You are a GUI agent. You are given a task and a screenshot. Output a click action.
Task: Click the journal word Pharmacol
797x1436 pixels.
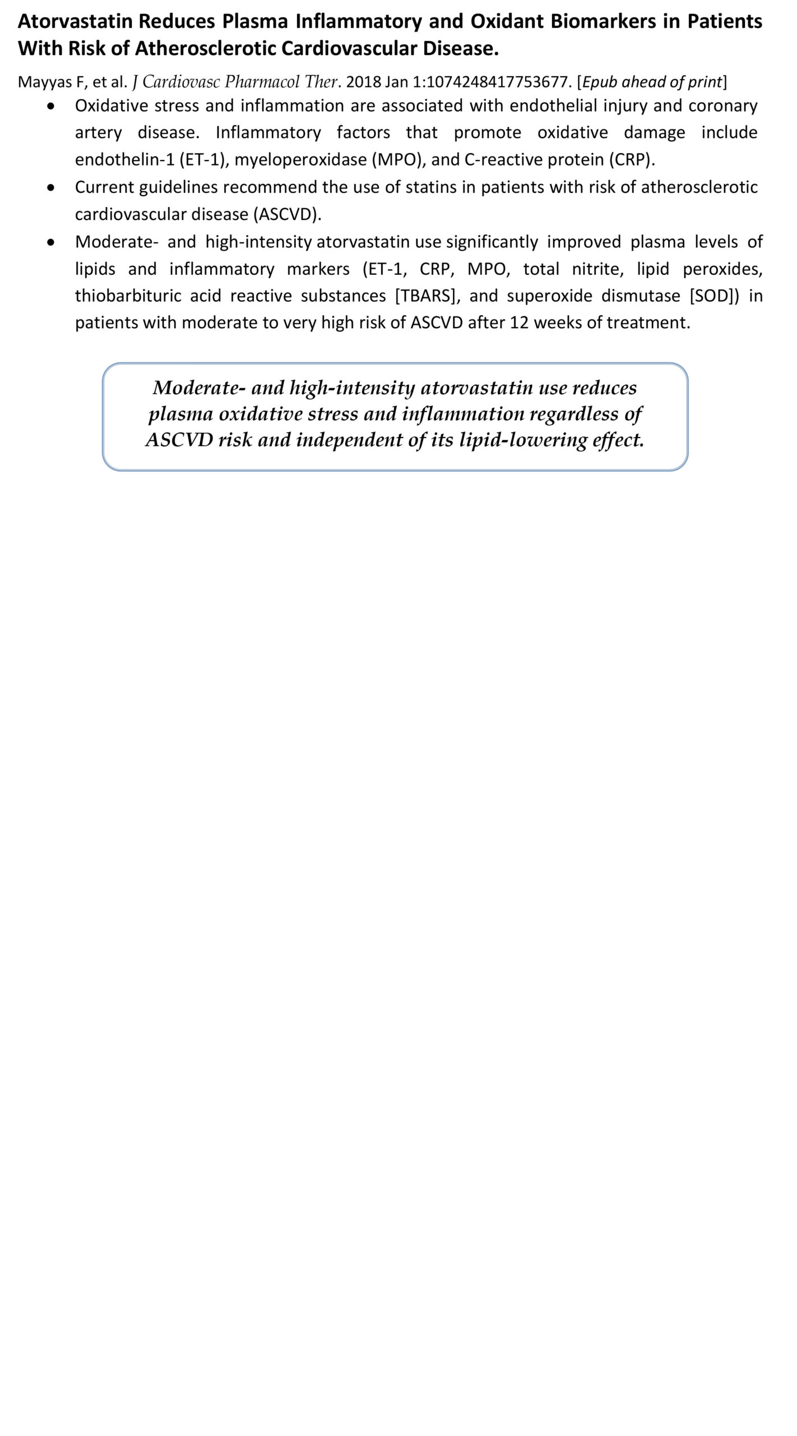pos(262,82)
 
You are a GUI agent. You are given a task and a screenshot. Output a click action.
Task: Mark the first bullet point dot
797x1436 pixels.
pos(52,106)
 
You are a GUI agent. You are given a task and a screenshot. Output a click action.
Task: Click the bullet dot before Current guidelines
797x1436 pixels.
pos(52,187)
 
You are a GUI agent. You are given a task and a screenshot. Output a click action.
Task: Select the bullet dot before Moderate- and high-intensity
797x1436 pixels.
pos(52,242)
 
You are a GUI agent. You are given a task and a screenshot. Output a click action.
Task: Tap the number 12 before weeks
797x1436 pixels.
pos(519,323)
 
